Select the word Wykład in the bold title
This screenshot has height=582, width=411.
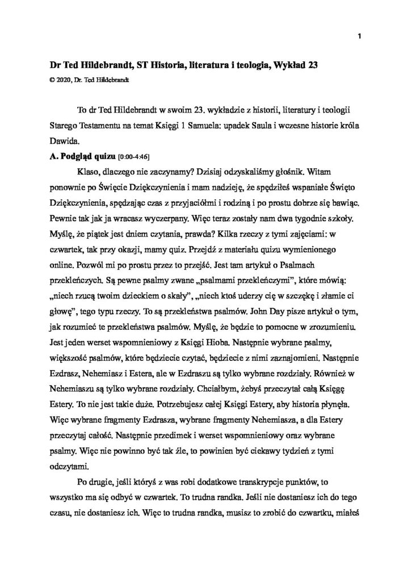tap(284, 65)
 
